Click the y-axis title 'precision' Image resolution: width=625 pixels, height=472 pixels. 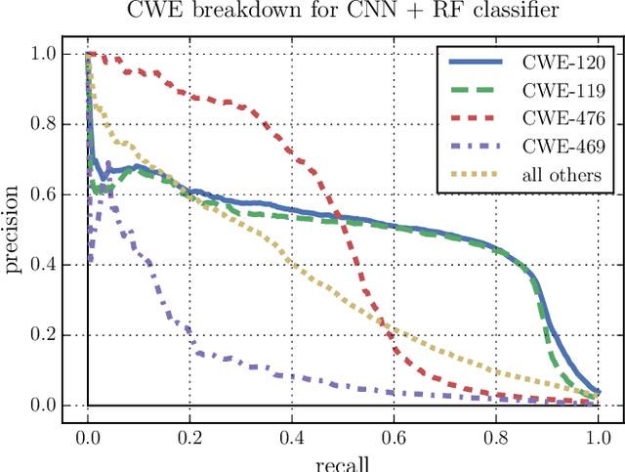click(15, 229)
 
